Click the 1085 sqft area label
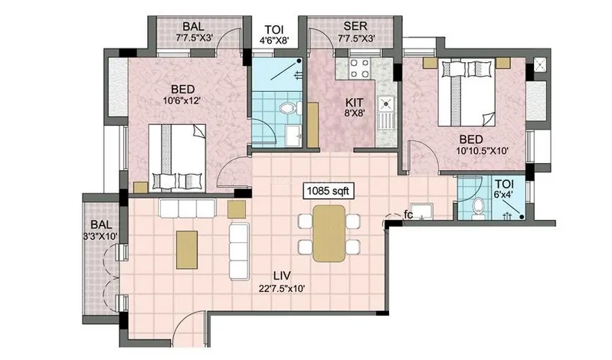coord(329,191)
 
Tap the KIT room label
coord(355,103)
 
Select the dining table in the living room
coord(329,233)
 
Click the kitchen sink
coord(386,104)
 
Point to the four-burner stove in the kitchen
coord(359,68)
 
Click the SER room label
coord(355,26)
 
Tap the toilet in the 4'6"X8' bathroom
coord(290,108)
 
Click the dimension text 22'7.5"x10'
coord(282,289)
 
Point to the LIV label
coord(282,276)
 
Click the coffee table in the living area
coord(187,250)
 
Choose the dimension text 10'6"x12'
coord(182,100)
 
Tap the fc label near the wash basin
coord(408,214)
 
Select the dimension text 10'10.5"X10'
coord(483,151)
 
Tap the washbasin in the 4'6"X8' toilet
coord(293,136)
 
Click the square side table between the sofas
coord(237,209)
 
